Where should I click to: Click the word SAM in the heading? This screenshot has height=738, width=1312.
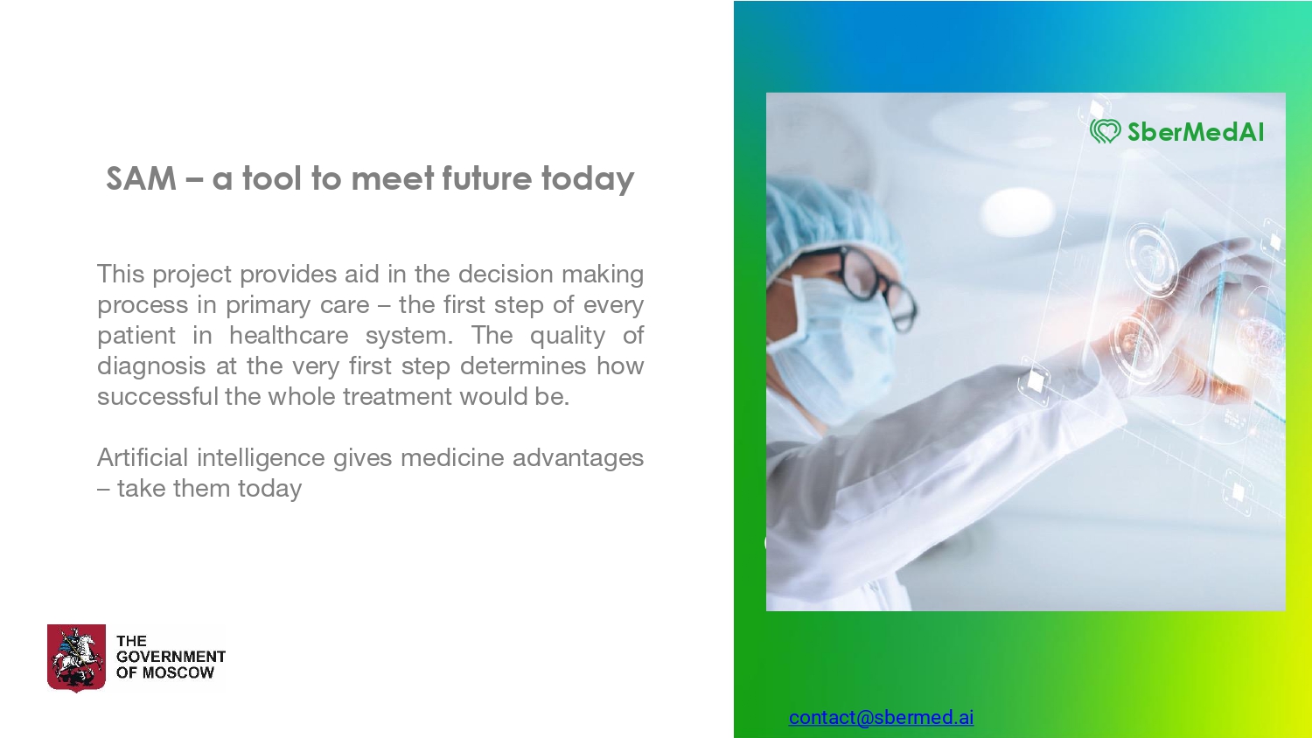click(141, 178)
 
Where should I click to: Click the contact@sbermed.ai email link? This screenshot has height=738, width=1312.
click(881, 717)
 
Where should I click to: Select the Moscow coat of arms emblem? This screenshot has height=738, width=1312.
click(76, 658)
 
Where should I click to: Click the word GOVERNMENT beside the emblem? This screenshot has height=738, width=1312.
click(171, 657)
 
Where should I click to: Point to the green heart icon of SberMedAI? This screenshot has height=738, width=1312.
click(1106, 131)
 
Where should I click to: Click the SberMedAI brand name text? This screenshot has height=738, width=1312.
click(1196, 132)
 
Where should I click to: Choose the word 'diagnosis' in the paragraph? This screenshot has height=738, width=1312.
click(151, 366)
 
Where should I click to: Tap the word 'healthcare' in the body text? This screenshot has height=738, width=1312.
click(289, 336)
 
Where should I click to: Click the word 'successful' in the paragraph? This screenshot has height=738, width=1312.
click(157, 396)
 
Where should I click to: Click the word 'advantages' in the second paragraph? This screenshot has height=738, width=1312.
click(578, 458)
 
